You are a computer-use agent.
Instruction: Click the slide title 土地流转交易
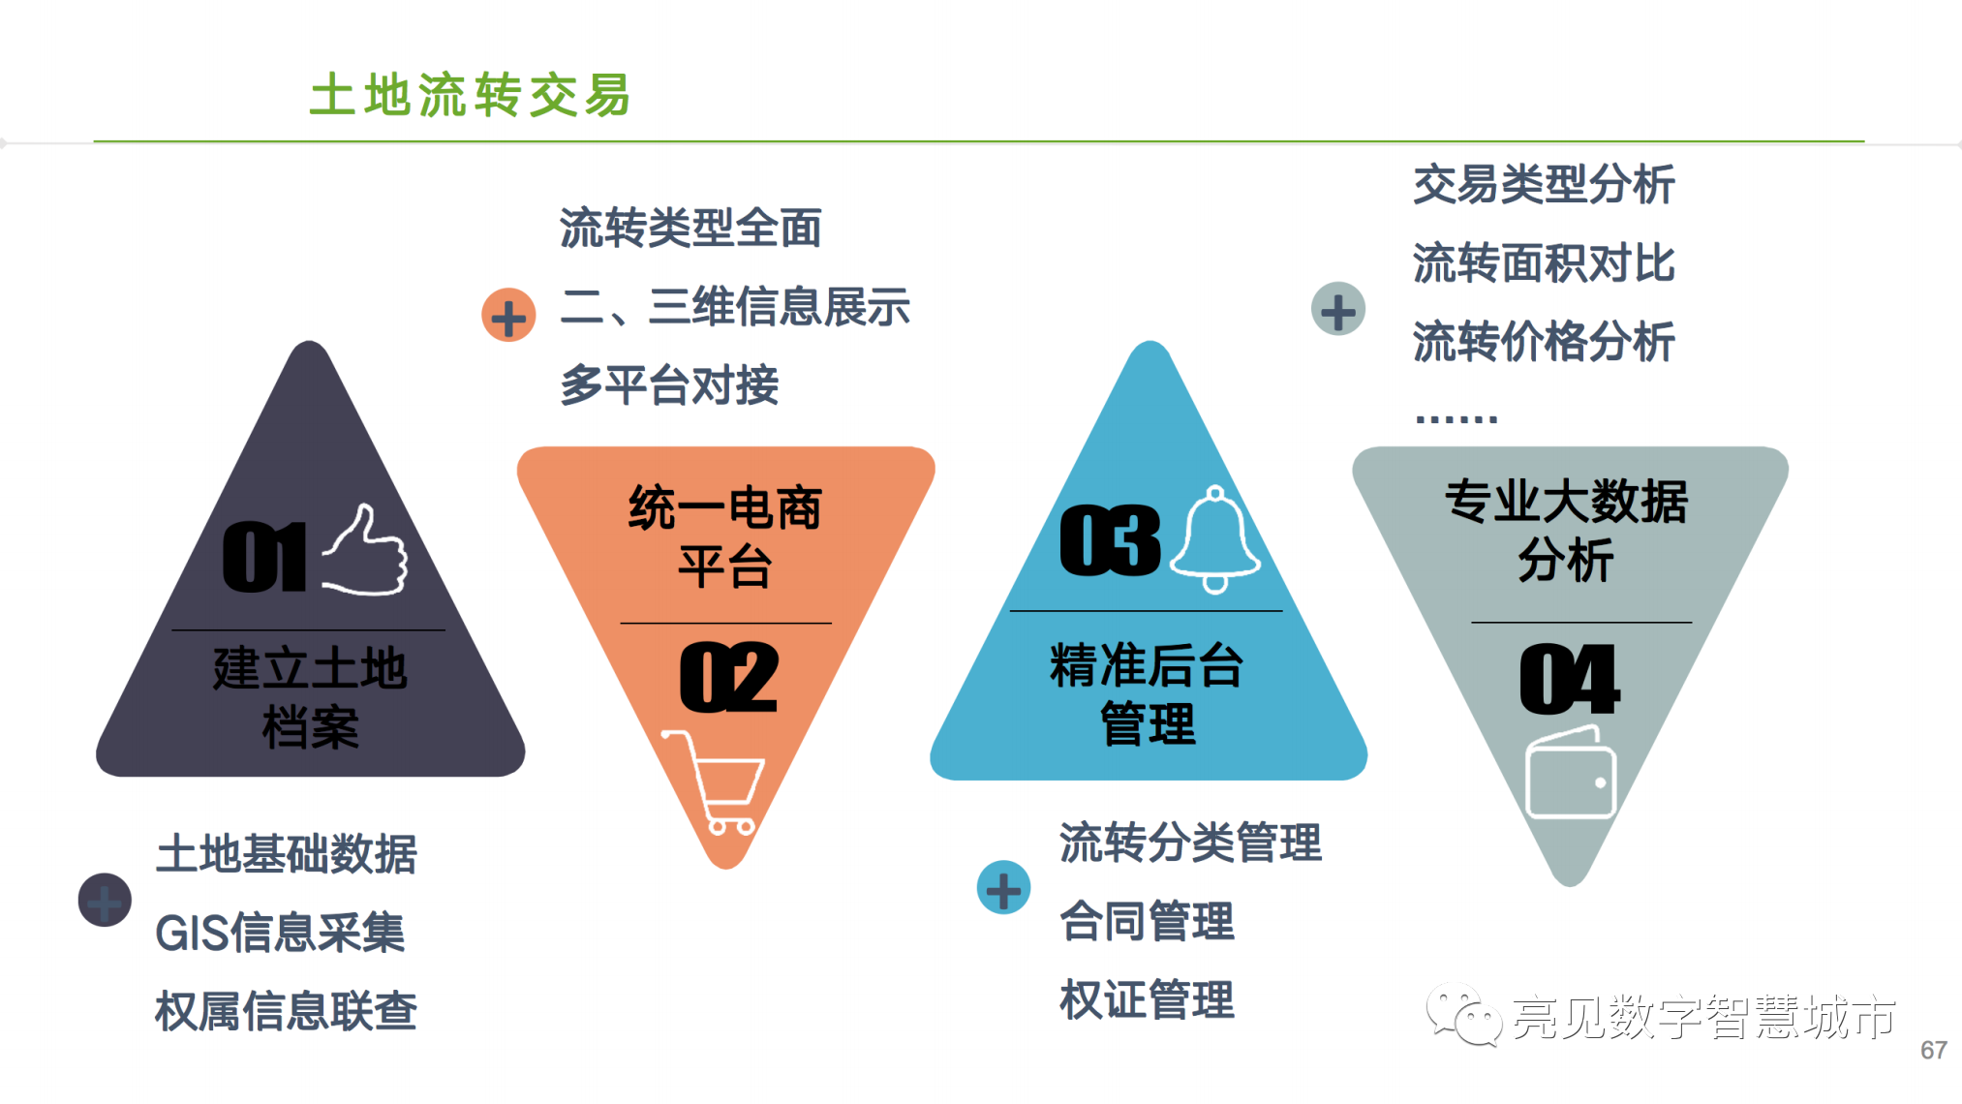point(470,95)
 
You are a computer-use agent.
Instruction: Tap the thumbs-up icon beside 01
point(365,550)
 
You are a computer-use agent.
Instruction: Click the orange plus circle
point(508,315)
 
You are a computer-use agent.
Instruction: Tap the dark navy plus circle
point(105,900)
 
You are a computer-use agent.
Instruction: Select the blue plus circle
point(1003,887)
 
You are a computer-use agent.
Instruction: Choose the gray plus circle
point(1338,310)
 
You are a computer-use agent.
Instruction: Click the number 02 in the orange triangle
point(728,677)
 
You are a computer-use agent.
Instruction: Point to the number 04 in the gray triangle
point(1569,679)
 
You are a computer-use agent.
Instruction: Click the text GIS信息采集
point(280,933)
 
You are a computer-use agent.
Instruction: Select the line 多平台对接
point(669,384)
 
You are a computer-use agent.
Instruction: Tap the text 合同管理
point(1147,921)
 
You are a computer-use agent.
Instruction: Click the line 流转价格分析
point(1544,342)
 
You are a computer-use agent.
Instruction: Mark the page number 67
point(1934,1051)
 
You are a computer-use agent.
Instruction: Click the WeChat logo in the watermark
point(1463,1014)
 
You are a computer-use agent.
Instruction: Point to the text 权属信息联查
point(286,1011)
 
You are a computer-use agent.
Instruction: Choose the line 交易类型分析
point(1544,184)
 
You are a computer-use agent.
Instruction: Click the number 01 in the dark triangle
point(264,557)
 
